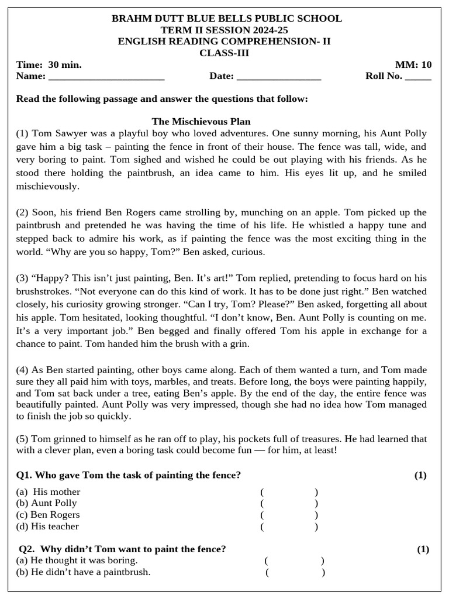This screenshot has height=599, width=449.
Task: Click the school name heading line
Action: tap(227, 19)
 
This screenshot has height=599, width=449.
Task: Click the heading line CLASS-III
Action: tap(224, 53)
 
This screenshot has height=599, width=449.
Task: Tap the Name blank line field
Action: tap(106, 77)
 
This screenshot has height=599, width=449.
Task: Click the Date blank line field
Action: tap(279, 77)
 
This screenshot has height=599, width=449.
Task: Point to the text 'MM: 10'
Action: tap(413, 64)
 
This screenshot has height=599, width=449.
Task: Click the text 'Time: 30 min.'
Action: tap(49, 64)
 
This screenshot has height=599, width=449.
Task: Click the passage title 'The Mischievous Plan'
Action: tap(201, 122)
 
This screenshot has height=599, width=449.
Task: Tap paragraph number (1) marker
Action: tap(23, 134)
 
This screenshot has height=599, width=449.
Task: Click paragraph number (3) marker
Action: tap(23, 278)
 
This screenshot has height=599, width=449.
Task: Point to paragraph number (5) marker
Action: tap(23, 439)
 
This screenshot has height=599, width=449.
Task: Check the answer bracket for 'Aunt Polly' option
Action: tap(289, 503)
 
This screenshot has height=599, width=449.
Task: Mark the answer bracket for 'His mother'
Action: tap(289, 492)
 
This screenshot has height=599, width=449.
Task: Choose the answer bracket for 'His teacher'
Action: tap(289, 526)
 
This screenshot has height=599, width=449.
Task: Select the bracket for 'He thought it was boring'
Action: tap(294, 560)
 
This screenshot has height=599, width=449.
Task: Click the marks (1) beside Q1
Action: tap(420, 475)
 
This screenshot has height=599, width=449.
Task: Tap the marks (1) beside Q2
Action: tap(423, 549)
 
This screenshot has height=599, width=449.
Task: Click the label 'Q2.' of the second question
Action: tap(27, 549)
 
